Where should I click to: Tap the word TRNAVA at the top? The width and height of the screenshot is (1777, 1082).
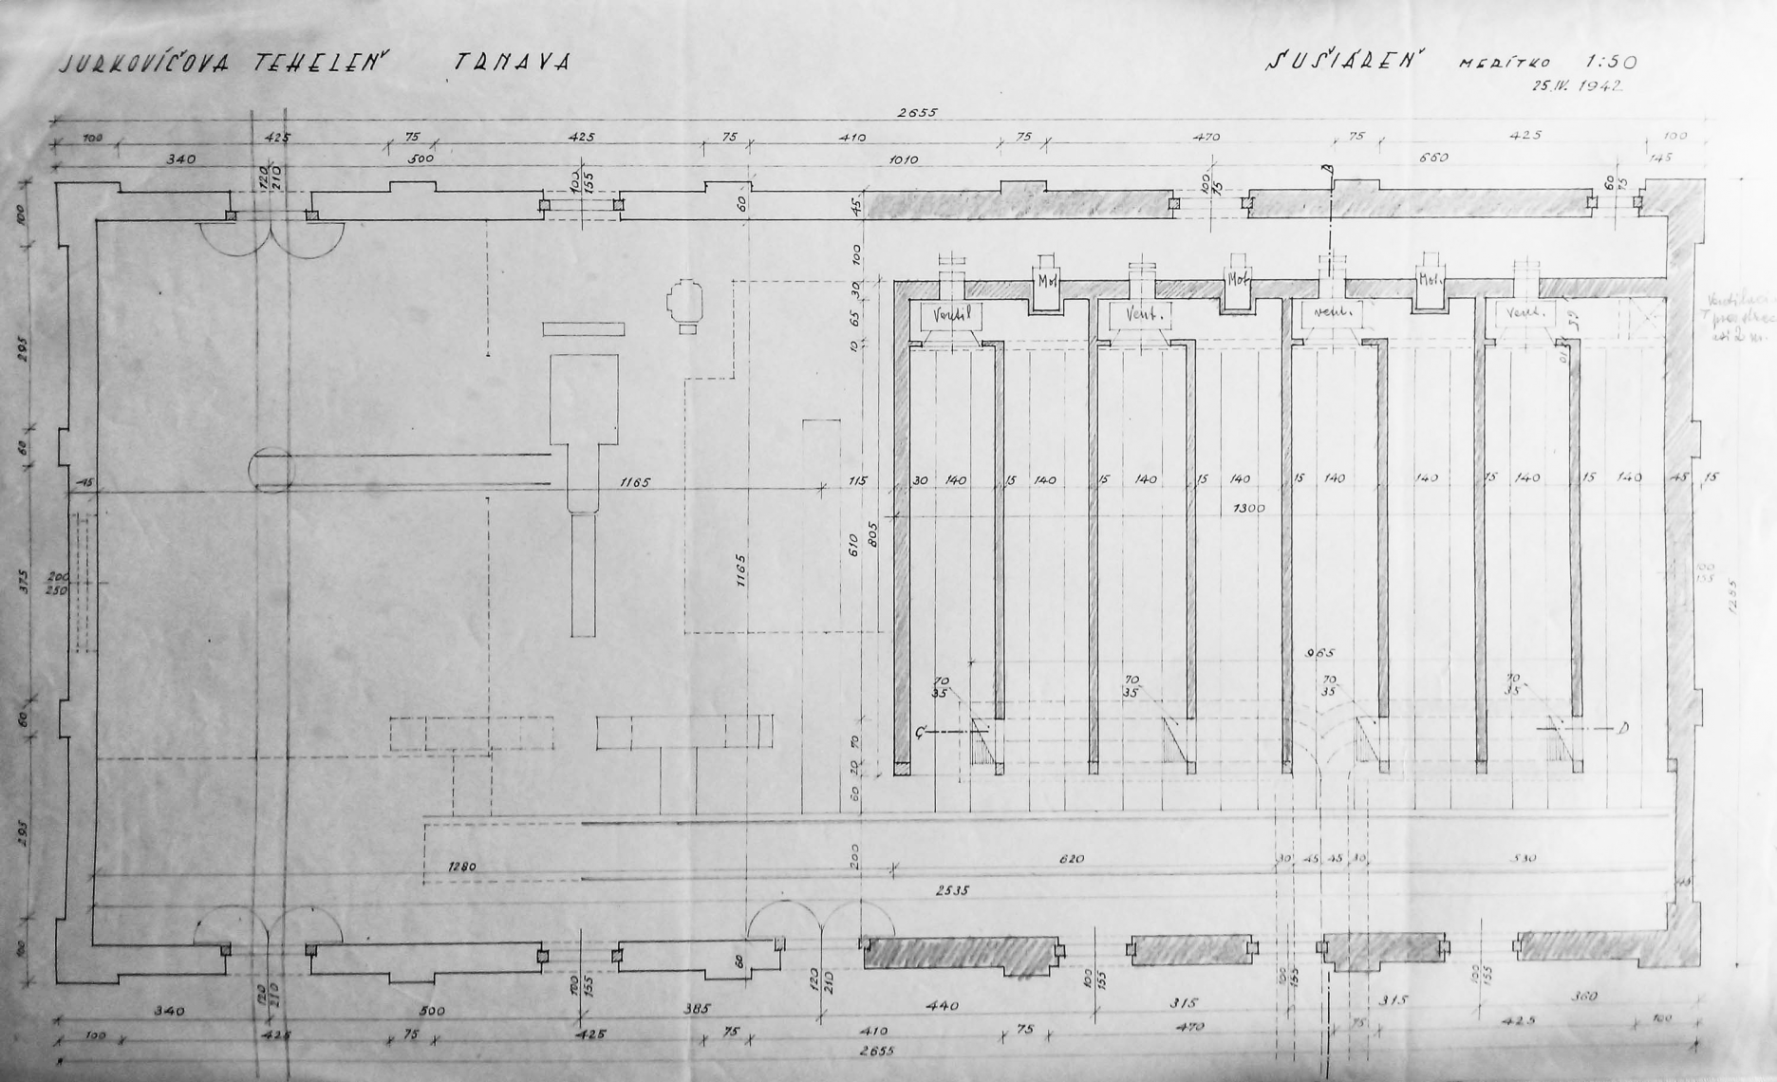tap(511, 63)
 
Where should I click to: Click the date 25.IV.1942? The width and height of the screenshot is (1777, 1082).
tap(1576, 85)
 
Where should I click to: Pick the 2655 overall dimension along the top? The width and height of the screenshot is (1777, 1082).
tap(916, 112)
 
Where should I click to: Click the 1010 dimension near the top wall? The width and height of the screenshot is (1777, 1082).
tap(903, 159)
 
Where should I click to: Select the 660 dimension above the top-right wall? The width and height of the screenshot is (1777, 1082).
tap(1432, 158)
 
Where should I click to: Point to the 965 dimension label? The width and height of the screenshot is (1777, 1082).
tap(1320, 653)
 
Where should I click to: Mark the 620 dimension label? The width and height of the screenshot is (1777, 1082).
tap(1071, 859)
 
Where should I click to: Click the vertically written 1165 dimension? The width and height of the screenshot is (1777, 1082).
tap(741, 571)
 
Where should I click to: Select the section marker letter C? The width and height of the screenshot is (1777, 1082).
tap(920, 732)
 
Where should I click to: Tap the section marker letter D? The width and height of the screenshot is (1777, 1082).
tap(1624, 728)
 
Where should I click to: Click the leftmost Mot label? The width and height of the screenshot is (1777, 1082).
tap(1046, 282)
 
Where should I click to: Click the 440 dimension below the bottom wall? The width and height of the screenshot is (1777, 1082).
tap(942, 1004)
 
